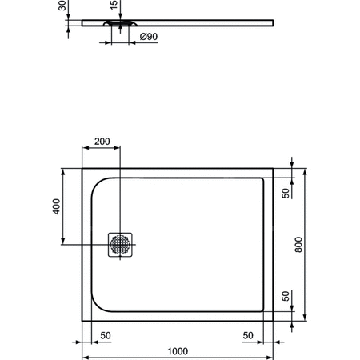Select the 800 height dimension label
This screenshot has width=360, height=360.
coord(298,244)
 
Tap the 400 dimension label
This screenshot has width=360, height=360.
coord(55,206)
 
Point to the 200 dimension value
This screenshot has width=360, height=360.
coord(102,141)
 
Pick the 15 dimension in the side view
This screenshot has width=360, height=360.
coord(114,6)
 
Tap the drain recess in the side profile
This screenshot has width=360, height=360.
coord(119,25)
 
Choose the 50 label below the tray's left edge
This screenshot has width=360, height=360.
coord(105,335)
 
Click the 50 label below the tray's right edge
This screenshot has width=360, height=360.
coord(248,335)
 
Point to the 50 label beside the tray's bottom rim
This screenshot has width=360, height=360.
coord(285,296)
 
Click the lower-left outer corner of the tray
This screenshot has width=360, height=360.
coord(82,322)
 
